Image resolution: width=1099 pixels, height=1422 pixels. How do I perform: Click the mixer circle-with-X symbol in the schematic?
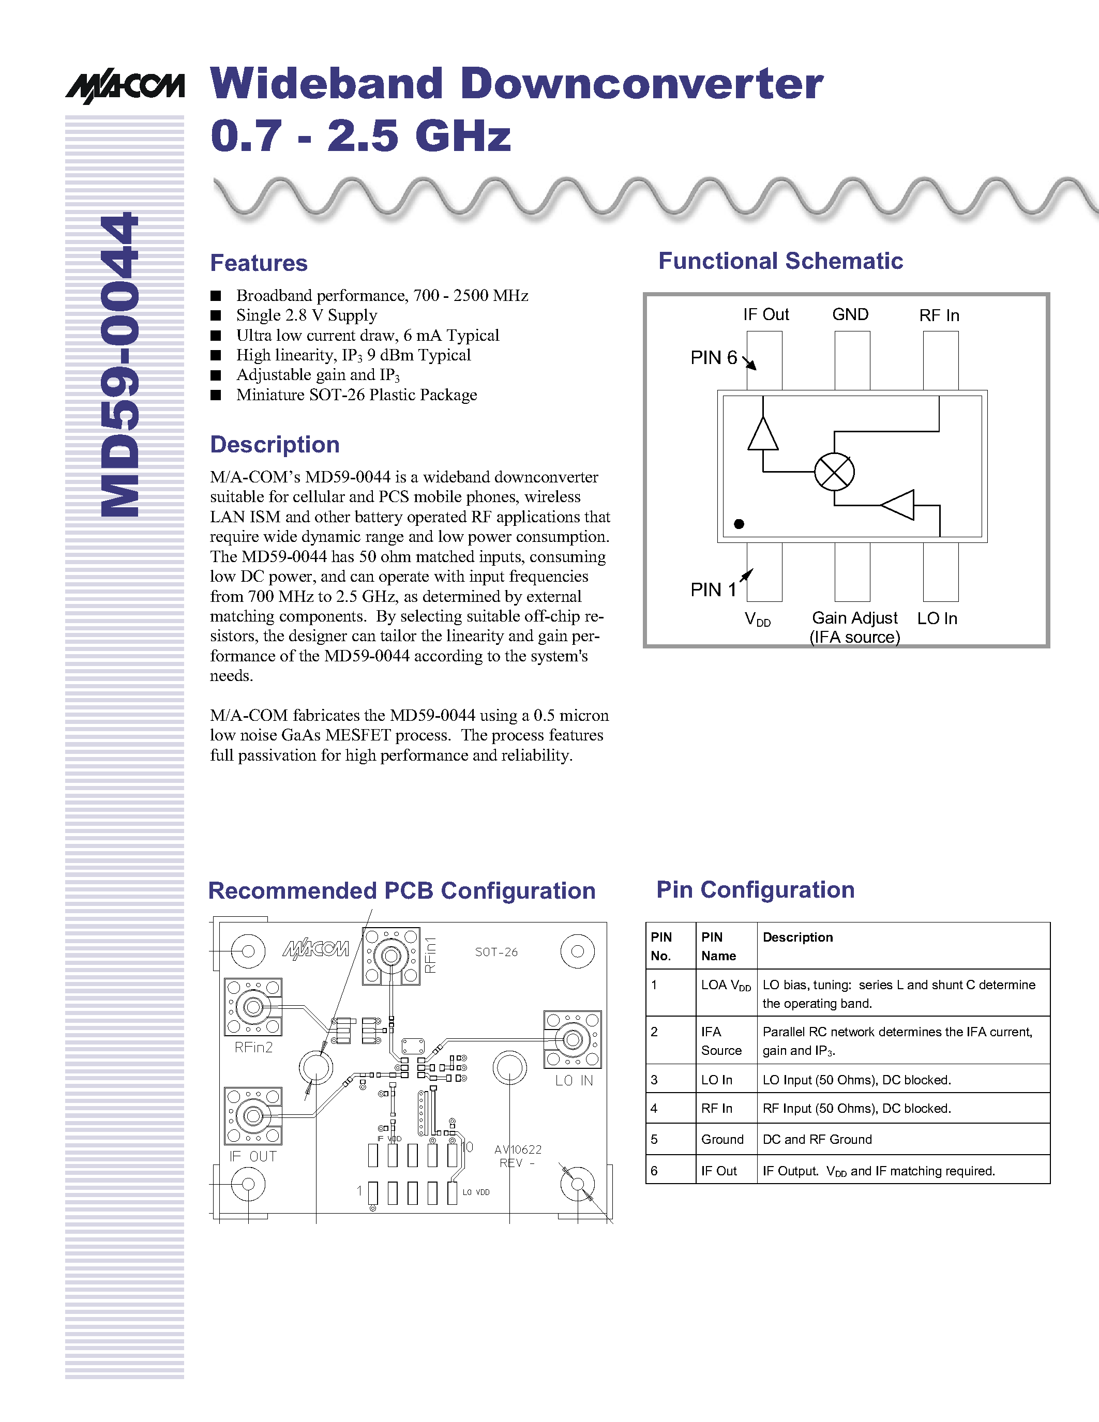click(834, 472)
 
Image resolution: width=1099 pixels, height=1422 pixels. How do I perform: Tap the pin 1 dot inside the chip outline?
click(739, 523)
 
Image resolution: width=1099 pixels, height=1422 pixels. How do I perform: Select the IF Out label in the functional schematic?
click(765, 315)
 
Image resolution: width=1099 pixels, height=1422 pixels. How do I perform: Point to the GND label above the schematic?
click(850, 315)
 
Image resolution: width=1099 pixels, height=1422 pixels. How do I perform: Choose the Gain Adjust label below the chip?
click(855, 618)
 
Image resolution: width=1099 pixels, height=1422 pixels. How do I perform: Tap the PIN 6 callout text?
click(714, 357)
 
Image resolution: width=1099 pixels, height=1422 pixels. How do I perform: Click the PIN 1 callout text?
click(713, 590)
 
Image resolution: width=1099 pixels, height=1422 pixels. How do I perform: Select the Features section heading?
click(259, 263)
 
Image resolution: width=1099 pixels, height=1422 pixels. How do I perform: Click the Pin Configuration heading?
click(755, 889)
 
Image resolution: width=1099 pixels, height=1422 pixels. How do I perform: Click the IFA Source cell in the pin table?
click(721, 1041)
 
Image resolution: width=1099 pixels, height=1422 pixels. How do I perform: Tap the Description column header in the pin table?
click(797, 937)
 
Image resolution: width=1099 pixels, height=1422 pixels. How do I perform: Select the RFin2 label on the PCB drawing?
click(253, 1048)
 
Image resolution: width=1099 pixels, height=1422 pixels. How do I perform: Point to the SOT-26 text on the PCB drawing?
click(496, 952)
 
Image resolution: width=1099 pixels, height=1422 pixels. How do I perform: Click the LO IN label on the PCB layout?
click(574, 1081)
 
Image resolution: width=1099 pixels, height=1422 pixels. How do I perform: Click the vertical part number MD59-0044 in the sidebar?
click(120, 365)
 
